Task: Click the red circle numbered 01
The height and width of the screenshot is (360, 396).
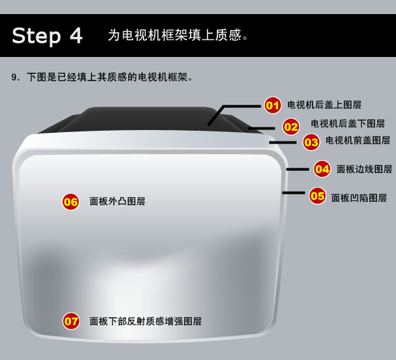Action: (273, 105)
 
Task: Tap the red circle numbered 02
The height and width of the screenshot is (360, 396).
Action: (291, 127)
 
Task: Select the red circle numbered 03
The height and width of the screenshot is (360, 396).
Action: (311, 142)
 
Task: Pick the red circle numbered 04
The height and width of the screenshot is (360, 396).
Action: (322, 169)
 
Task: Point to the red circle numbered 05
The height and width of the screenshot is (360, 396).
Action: (317, 196)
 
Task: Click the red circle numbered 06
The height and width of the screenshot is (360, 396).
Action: (70, 202)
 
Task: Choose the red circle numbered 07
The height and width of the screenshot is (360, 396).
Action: (71, 321)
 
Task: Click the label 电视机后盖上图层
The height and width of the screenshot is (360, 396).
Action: (324, 105)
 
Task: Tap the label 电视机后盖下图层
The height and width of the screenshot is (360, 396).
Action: (348, 123)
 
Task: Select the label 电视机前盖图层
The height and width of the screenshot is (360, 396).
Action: (358, 141)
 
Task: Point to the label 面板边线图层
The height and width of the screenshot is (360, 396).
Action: (364, 170)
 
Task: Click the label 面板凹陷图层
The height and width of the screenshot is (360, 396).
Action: (359, 198)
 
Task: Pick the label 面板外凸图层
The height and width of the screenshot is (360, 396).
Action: (117, 202)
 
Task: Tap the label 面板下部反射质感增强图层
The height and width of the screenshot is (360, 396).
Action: (146, 321)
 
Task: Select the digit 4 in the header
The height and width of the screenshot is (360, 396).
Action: (76, 36)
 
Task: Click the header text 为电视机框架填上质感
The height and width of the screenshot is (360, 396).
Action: (175, 35)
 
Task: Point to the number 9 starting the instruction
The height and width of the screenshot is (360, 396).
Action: (13, 77)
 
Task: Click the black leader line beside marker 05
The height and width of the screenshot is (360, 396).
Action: (293, 193)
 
